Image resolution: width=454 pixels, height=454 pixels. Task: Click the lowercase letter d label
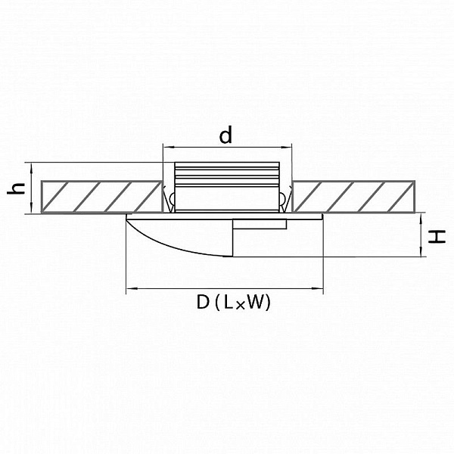[225, 136]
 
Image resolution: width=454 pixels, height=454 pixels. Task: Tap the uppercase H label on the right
[437, 237]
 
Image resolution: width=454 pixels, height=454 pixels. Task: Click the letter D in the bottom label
[203, 302]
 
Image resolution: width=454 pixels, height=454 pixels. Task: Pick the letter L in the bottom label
[228, 302]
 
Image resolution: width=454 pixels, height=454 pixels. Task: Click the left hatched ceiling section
[101, 197]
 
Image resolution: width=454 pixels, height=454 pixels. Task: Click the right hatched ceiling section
[354, 197]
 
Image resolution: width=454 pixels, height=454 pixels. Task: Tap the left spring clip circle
[172, 198]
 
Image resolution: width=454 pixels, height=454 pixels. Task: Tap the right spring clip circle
[282, 198]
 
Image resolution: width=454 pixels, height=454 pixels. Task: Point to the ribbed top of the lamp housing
[227, 174]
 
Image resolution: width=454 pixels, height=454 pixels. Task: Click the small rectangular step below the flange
[260, 225]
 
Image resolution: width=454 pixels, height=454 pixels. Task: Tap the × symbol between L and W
[240, 306]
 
